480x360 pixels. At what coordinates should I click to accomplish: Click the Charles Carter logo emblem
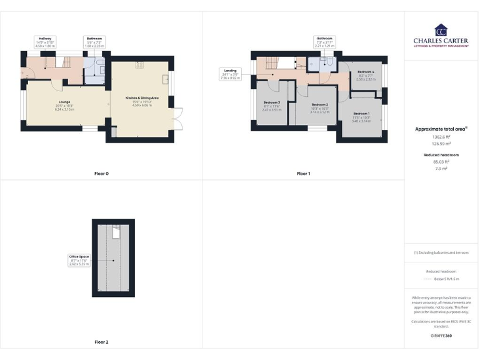[x=441, y=30]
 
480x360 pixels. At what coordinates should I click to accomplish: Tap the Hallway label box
[x=45, y=41]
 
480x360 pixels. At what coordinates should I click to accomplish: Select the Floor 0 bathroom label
[x=94, y=41]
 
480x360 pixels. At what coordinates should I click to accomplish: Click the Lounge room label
[x=64, y=106]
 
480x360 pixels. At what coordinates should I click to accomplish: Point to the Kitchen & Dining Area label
[x=142, y=101]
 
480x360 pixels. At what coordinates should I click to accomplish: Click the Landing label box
[x=230, y=74]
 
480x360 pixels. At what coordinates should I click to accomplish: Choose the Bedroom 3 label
[x=271, y=106]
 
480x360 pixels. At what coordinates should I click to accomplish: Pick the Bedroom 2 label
[x=319, y=107]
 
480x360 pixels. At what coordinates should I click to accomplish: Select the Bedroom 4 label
[x=366, y=76]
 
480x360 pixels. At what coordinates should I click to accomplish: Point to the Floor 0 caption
[x=101, y=173]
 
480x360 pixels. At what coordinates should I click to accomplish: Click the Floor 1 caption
[x=303, y=173]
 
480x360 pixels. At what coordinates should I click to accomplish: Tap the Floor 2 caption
[x=101, y=342]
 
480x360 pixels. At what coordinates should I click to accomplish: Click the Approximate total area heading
[x=441, y=129]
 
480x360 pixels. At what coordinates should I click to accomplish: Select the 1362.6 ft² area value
[x=441, y=136]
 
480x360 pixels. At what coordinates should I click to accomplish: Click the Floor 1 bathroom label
[x=324, y=42]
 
